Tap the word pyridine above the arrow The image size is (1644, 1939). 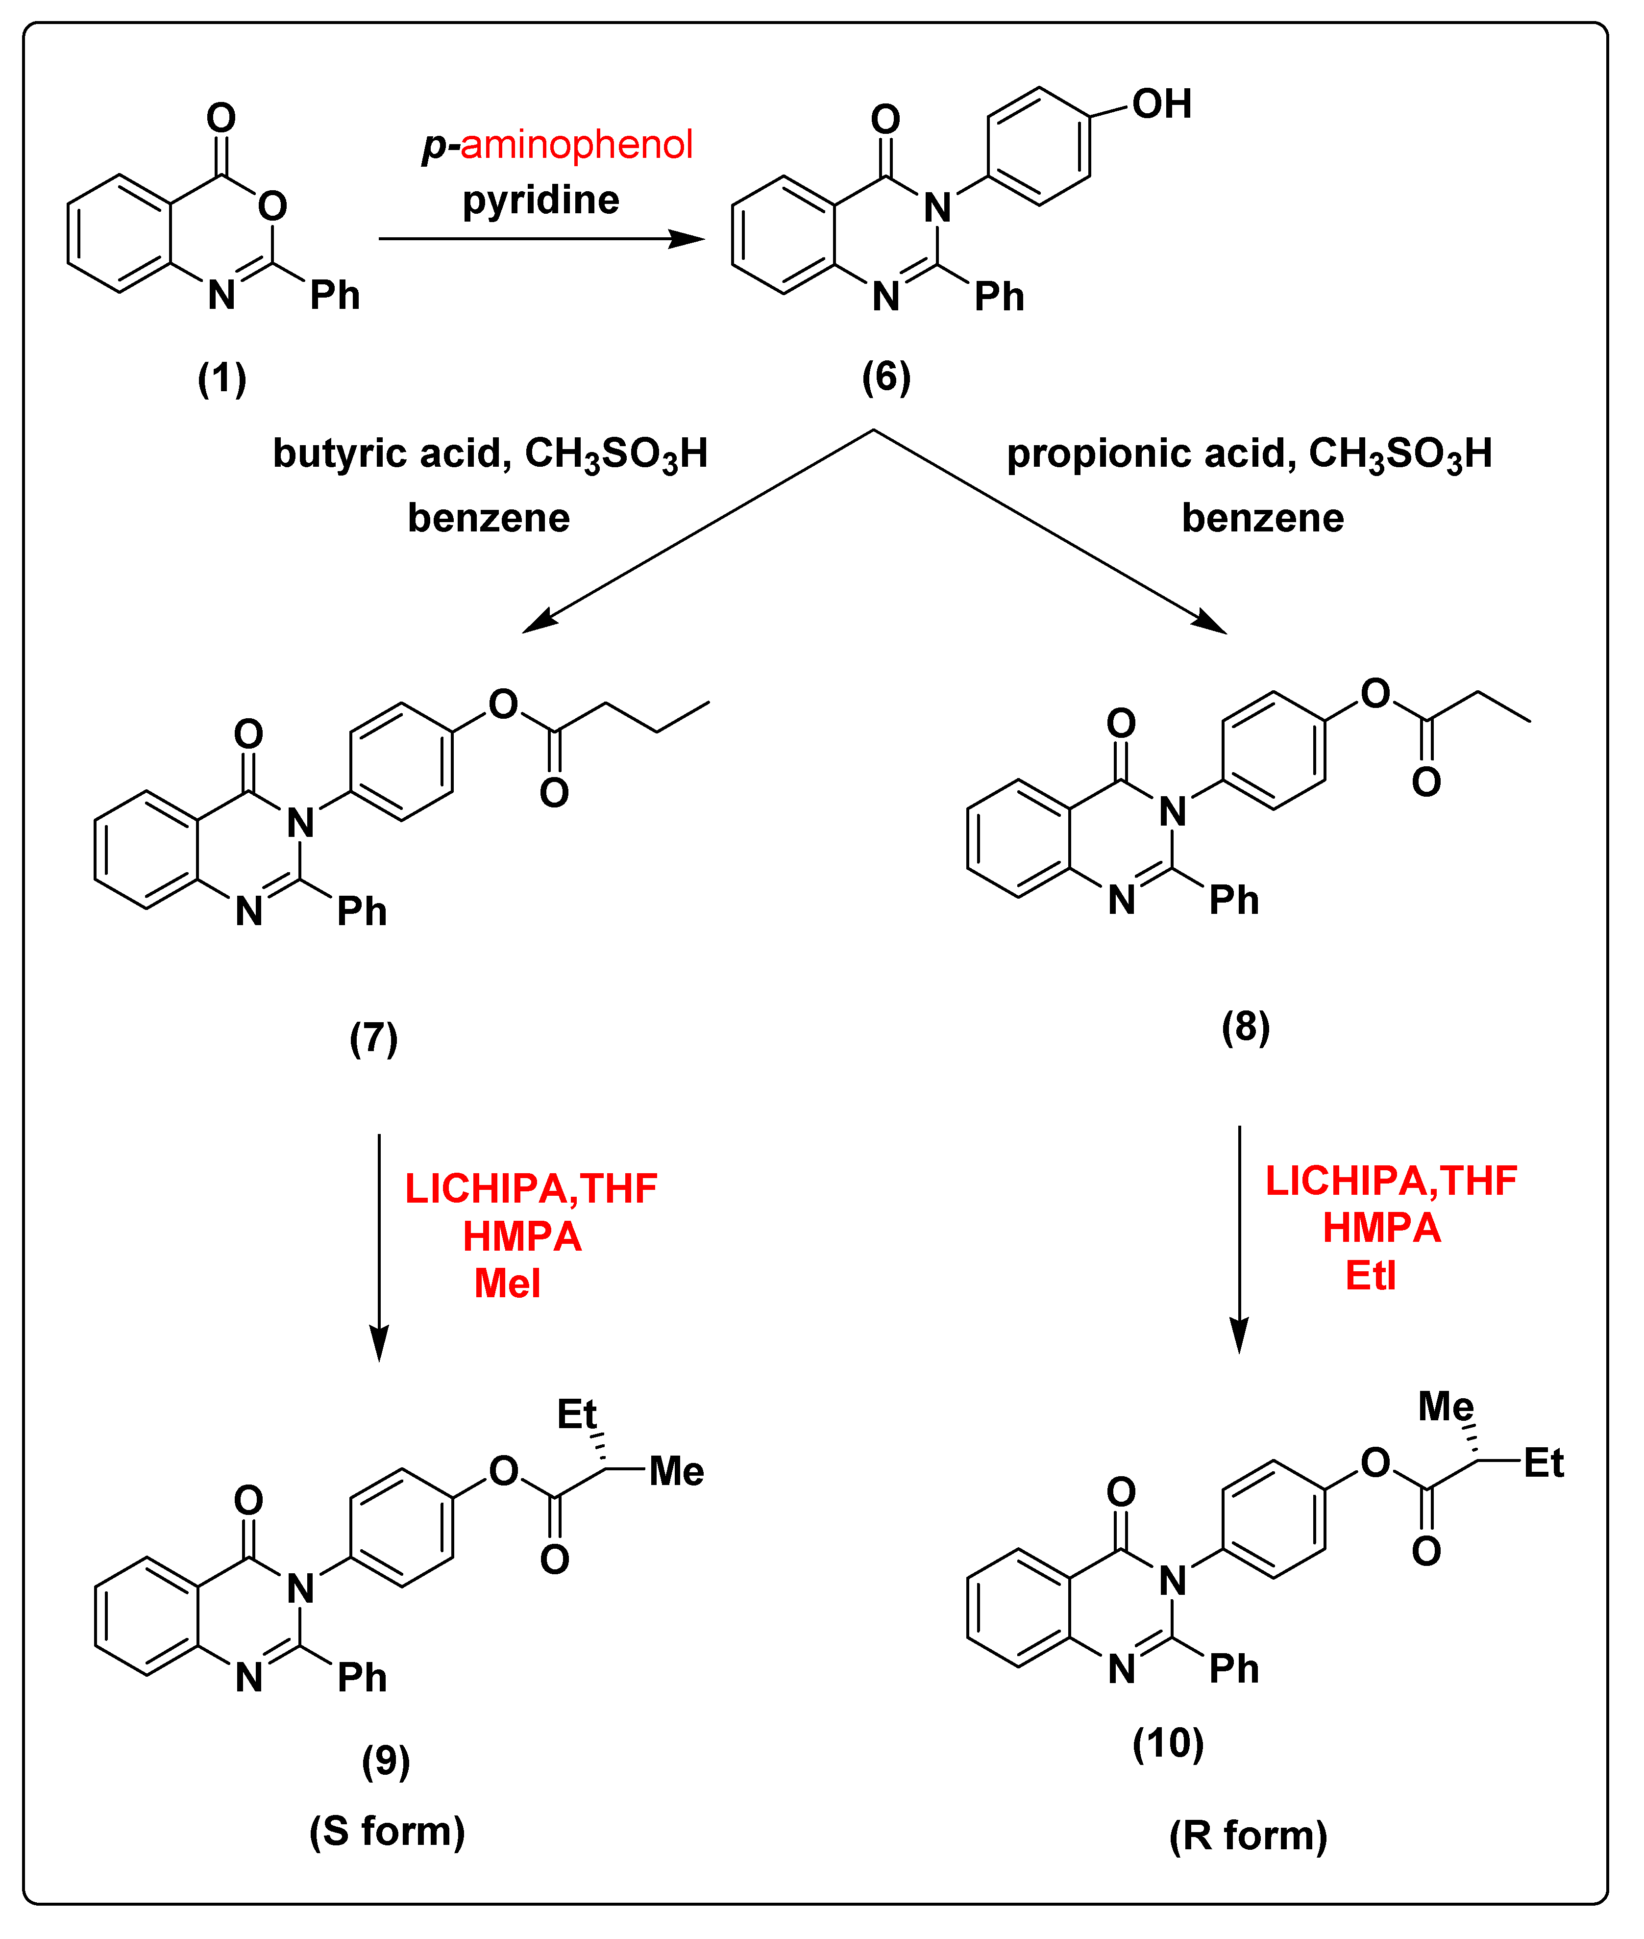point(540,200)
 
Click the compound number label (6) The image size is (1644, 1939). point(885,377)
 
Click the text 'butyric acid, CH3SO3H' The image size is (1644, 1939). point(490,454)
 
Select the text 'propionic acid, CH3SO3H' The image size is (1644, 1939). point(1249,454)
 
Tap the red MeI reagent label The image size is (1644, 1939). point(507,1284)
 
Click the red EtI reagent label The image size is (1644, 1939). point(1370,1275)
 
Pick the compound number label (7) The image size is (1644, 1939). point(374,1037)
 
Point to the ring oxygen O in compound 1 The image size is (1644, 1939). point(272,205)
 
